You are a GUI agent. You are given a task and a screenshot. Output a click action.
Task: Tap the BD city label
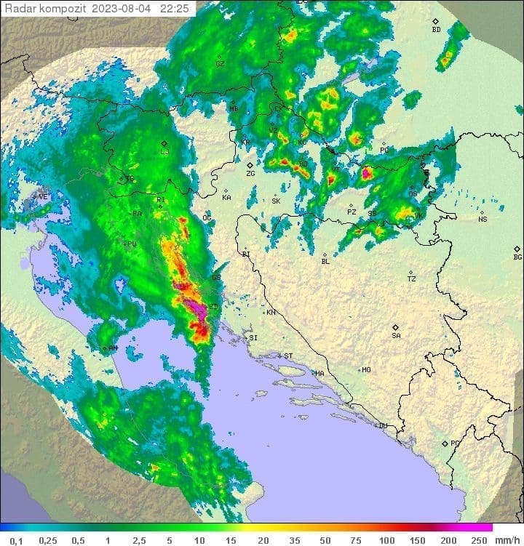pos(436,30)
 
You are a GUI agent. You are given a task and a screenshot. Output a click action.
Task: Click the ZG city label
pos(250,174)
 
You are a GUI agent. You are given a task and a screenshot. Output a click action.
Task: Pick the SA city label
pos(396,336)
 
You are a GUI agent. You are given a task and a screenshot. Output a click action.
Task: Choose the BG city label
pos(517,257)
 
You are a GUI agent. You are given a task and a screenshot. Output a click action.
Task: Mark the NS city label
pos(483,220)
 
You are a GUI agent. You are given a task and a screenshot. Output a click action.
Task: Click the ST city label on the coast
pos(288,356)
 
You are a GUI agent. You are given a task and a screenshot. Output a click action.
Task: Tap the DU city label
pos(382,426)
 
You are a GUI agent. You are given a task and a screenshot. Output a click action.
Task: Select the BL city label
pos(325,262)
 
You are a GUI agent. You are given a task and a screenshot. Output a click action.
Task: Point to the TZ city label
pos(411,278)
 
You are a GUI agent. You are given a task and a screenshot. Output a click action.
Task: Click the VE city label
pos(42,196)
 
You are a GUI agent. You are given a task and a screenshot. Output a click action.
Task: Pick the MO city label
pos(366,370)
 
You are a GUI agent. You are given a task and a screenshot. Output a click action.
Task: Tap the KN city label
pos(271,313)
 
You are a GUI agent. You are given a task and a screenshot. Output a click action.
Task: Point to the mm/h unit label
pos(507,540)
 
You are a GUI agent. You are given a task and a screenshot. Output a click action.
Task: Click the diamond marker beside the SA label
pos(396,327)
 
